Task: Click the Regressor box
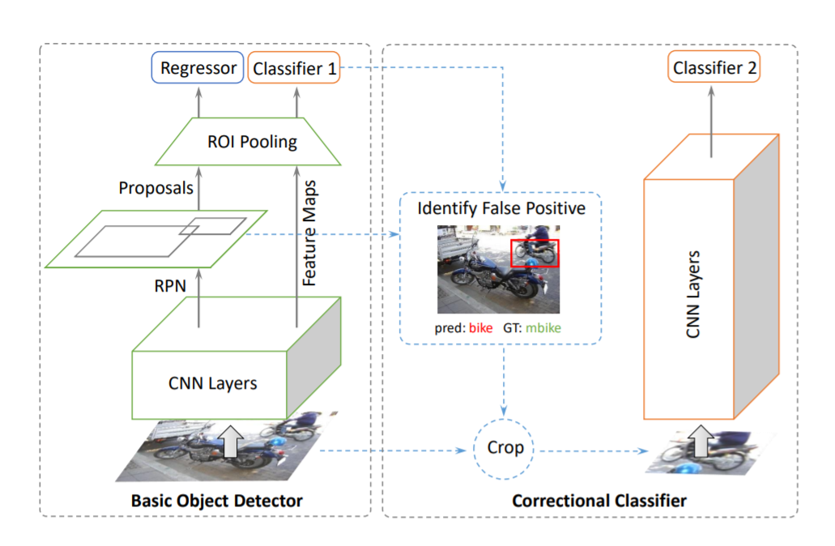[x=198, y=68]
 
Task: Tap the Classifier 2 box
[x=714, y=68]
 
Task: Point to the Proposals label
[x=156, y=188]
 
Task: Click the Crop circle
[x=505, y=447]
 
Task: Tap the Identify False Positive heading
[x=501, y=208]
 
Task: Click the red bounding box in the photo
[x=535, y=253]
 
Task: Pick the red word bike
[x=480, y=329]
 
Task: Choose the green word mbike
[x=543, y=329]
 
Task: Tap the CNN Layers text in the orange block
[x=695, y=296]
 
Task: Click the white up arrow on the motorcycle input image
[x=231, y=442]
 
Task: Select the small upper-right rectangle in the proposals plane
[x=211, y=226]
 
